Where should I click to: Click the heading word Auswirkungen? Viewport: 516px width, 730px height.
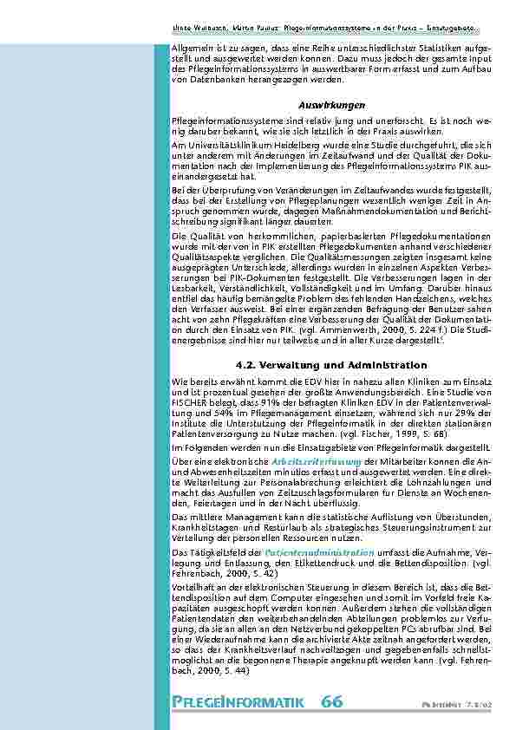pyautogui.click(x=318, y=105)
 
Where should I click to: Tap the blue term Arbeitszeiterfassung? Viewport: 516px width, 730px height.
pyautogui.click(x=313, y=461)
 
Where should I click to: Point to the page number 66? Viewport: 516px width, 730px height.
pyautogui.click(x=331, y=701)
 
